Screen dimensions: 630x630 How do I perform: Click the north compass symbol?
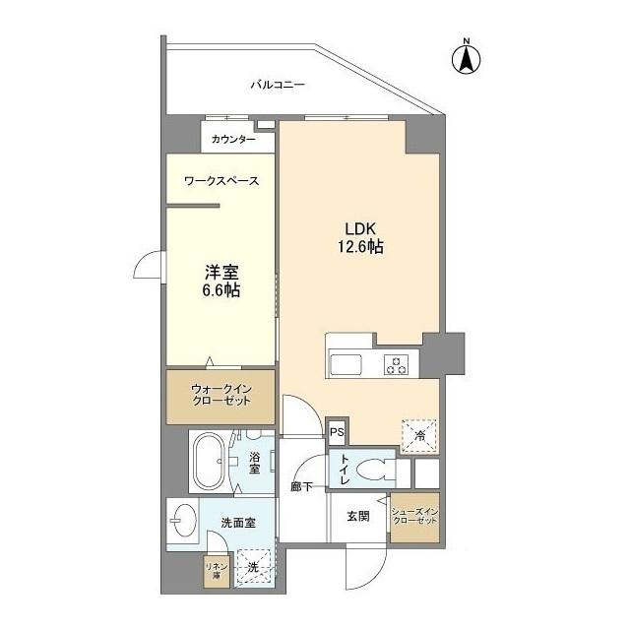[466, 59]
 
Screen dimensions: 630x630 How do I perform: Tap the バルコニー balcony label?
[278, 85]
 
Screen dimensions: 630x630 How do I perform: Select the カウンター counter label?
[233, 140]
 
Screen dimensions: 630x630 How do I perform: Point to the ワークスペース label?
[221, 181]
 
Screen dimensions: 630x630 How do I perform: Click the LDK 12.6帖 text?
[360, 237]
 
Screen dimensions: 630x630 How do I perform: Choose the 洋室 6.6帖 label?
[221, 281]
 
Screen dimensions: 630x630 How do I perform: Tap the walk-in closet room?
[220, 397]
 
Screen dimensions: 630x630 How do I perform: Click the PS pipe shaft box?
[337, 432]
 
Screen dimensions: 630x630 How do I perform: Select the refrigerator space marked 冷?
[419, 436]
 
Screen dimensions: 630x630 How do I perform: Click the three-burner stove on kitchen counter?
[396, 364]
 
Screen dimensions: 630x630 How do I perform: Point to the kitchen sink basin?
[346, 365]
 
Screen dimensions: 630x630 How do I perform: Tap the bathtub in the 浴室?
[210, 462]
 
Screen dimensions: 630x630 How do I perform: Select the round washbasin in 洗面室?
[184, 520]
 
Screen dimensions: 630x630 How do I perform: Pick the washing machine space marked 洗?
[254, 567]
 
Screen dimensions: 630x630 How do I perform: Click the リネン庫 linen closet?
[217, 572]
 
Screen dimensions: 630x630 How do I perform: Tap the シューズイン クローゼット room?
[415, 518]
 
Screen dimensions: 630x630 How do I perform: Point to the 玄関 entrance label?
[358, 516]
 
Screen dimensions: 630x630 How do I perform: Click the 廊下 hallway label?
[302, 487]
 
